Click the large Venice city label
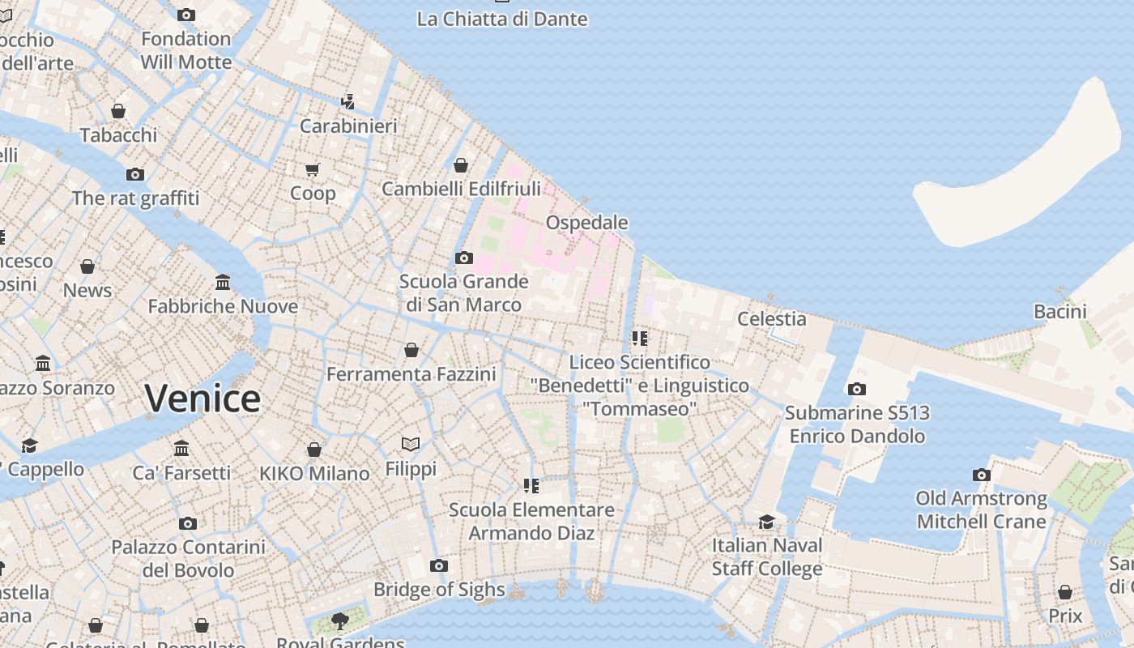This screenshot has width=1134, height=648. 202,399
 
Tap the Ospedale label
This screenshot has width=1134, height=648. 586,223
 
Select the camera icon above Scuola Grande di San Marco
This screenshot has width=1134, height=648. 463,258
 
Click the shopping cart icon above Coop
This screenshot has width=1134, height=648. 313,169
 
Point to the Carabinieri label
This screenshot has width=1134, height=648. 348,126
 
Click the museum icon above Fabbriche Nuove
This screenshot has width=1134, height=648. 223,283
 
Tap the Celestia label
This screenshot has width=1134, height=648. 771,319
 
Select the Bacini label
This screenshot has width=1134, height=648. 1059,312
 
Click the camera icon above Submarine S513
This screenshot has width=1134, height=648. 857,390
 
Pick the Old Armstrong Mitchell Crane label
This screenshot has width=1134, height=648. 981,510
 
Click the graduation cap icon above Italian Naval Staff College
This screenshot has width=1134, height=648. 766,522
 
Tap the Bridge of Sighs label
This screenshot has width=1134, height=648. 439,590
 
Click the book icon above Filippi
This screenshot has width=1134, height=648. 411,445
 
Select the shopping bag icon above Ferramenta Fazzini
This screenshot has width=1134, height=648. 411,351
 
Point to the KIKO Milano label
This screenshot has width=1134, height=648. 314,474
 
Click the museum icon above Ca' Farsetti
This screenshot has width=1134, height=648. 181,449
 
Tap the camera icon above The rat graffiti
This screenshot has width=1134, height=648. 135,174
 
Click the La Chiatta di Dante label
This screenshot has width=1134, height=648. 502,19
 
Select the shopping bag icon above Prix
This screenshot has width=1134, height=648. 1065,593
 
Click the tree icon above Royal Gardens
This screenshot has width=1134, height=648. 340,621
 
